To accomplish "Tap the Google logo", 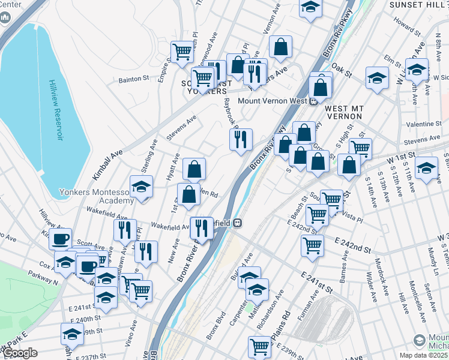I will click(x=20, y=353).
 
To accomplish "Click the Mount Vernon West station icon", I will click(x=313, y=101).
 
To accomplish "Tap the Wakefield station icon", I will click(x=238, y=223).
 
